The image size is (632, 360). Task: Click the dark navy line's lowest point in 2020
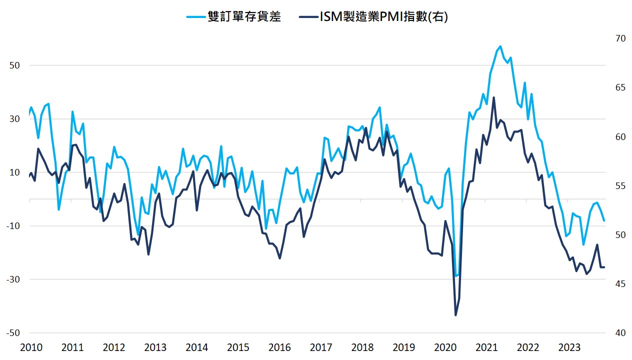[x=455, y=315]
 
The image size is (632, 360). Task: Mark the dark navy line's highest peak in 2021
[x=493, y=97]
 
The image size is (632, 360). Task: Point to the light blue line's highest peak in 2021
[x=500, y=46]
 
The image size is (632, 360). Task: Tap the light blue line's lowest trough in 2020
[x=455, y=276]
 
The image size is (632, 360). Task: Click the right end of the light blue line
[x=604, y=220]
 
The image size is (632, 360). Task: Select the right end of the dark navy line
[x=604, y=267]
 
